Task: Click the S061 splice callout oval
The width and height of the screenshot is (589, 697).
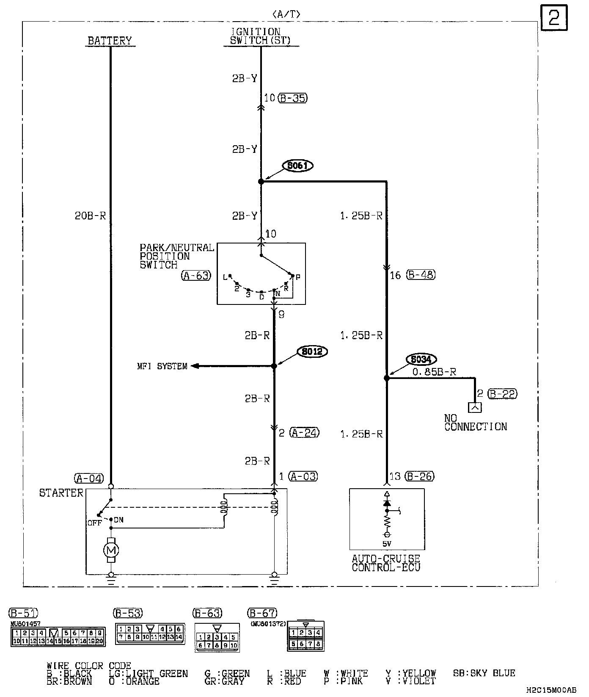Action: coord(297,166)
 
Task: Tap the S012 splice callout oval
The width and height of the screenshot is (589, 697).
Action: coord(313,351)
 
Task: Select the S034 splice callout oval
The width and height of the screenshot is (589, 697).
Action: coord(421,360)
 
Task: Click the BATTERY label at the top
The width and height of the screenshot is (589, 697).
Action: coord(110,41)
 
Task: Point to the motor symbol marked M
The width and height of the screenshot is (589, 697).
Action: coord(111,550)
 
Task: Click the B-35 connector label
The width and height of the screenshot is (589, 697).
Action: coord(293,98)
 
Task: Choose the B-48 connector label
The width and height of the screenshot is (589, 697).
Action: coord(421,274)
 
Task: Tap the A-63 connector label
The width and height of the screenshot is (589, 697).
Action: coord(196,276)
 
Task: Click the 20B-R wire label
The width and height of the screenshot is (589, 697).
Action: coord(90,216)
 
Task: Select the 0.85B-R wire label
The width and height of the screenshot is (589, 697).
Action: coord(434,372)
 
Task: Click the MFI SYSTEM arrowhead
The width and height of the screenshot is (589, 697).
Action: coord(195,366)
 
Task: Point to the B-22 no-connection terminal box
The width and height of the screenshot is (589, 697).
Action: coord(475,407)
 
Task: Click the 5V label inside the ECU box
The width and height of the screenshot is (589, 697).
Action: coord(387,544)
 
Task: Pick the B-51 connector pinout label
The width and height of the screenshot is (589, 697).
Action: coord(23,613)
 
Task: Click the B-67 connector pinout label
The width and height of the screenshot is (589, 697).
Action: coord(262,613)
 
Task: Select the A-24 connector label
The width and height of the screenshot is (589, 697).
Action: coord(304,432)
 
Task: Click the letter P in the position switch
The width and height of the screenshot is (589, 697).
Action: coord(298,277)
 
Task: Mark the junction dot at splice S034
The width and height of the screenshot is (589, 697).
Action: coord(386,378)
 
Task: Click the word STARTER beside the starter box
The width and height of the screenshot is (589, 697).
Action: coord(61,493)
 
